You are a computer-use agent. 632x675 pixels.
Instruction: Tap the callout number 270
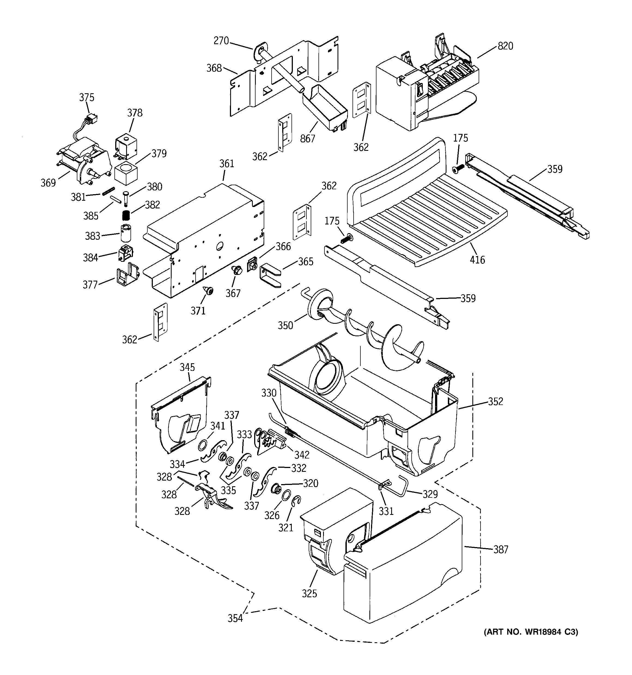point(221,41)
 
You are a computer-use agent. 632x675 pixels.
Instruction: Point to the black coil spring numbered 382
point(126,215)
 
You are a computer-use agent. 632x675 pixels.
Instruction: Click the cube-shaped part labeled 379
point(126,172)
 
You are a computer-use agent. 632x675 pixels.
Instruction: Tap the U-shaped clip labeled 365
point(270,276)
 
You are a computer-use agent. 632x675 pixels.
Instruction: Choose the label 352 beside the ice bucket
point(496,401)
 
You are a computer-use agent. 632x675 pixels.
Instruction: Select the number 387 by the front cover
point(501,549)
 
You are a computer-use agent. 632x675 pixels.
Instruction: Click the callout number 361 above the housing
point(227,164)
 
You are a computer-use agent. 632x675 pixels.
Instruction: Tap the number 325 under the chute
point(309,593)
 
